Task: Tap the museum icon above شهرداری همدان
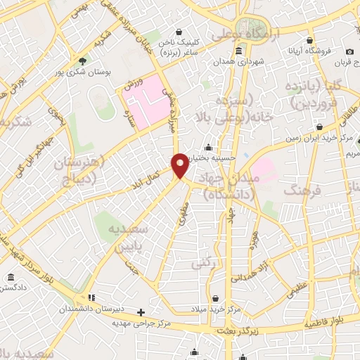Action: pos(239,51)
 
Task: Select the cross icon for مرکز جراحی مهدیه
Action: pos(141,311)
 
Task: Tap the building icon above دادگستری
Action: pos(11,277)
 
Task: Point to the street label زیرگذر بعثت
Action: pos(238,330)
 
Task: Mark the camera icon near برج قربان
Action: pos(349,51)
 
